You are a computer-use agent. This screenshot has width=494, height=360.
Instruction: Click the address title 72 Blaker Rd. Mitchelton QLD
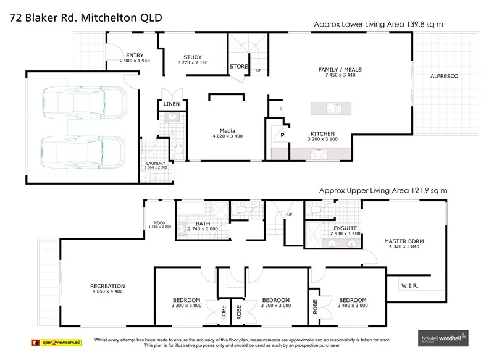pos(86,17)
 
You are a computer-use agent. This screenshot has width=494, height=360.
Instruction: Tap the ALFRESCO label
pos(444,76)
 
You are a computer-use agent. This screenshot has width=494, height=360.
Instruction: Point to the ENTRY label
pos(134,55)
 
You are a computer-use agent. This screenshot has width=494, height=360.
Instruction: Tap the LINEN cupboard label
pos(172,104)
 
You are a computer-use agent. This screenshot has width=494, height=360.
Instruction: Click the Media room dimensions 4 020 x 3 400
pos(228,136)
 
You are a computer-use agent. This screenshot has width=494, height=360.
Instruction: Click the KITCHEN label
pos(322,133)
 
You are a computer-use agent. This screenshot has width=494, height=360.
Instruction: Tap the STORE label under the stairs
pos(238,66)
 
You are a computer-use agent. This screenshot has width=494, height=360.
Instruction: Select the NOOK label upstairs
pos(160,223)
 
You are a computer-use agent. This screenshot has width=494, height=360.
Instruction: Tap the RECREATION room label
pos(107,286)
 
